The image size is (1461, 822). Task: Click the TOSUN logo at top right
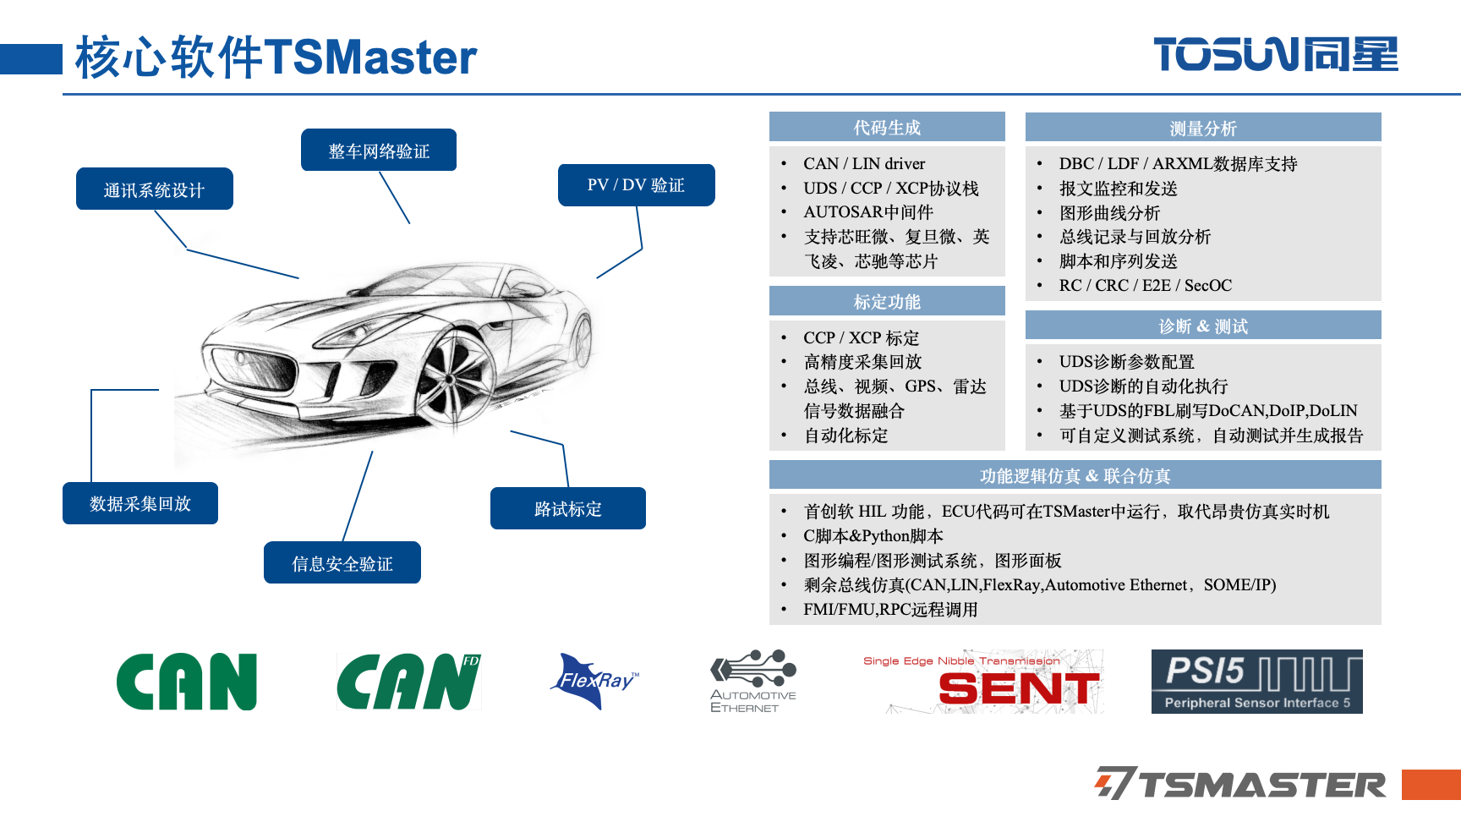pos(1276,54)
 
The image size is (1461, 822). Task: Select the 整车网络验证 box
pos(379,150)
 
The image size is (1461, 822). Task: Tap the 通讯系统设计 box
pos(155,189)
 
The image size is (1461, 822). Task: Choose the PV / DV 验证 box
pos(637,185)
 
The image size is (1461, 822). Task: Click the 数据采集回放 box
pos(140,503)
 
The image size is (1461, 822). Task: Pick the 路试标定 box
pos(568,508)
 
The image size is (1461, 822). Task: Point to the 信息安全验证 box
pos(342,562)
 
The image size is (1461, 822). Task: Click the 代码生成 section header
pos(887,127)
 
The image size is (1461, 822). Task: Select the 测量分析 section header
pos(1203,128)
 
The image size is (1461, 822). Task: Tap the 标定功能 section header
pos(887,301)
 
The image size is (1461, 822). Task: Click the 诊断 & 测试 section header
pos(1203,326)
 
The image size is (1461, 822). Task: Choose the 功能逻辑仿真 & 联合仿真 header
pos(1075,475)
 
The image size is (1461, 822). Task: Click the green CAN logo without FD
pos(187,682)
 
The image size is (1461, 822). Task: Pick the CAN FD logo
pos(409,682)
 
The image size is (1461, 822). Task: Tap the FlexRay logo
pos(596,680)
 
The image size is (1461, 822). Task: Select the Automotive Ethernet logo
pos(753,682)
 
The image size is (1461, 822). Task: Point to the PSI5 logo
pos(1257,682)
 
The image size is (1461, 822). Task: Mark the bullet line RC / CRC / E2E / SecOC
pos(1145,285)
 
